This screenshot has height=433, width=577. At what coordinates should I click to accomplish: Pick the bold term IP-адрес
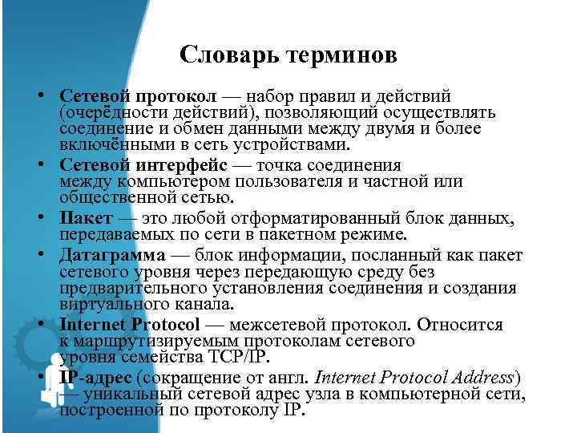[x=95, y=376]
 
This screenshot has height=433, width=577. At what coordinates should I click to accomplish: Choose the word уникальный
[x=133, y=394]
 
